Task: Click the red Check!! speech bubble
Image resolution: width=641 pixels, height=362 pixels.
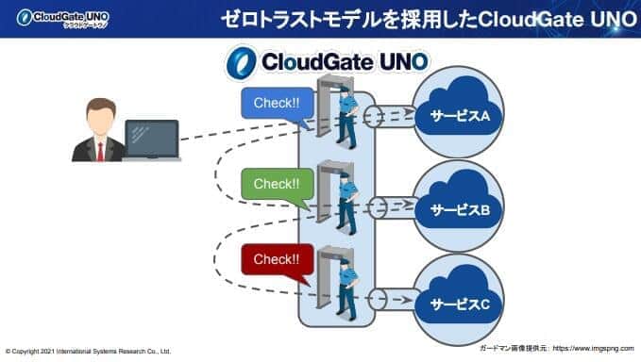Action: pos(276,257)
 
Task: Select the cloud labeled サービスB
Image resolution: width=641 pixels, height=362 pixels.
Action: pos(460,206)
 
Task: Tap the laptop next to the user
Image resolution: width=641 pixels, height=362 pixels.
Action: pos(151,139)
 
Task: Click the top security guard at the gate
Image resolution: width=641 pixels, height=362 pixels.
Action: pos(346,120)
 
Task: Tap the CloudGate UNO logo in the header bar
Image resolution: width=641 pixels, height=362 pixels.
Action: pos(58,17)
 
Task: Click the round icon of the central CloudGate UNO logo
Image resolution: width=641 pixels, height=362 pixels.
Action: pos(242,62)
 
